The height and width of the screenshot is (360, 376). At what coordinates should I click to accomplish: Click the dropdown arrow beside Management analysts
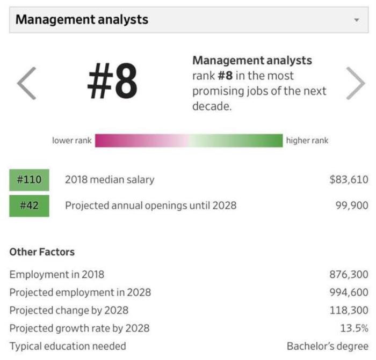point(356,20)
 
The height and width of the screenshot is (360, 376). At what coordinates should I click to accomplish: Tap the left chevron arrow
point(26,83)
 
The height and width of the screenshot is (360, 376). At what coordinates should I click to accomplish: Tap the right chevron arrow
point(355,83)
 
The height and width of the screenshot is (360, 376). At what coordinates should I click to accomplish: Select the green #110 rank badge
point(29,180)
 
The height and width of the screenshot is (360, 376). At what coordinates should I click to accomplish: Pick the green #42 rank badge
point(29,205)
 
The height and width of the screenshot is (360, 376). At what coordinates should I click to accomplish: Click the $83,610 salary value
point(349,180)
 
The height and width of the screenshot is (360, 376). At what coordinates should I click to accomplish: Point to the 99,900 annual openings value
point(352,205)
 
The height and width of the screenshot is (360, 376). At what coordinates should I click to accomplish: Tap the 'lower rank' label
point(72,141)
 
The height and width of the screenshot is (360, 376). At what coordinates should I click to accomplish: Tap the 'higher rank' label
point(307,141)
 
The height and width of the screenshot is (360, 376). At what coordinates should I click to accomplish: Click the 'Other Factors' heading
point(42,252)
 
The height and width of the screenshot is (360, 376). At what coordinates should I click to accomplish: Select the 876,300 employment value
point(349,275)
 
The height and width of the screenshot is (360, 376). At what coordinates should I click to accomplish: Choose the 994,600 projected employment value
point(349,292)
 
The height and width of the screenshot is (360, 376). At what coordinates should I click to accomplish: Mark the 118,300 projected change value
point(349,310)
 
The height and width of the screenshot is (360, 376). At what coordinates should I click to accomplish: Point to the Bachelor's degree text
point(328,346)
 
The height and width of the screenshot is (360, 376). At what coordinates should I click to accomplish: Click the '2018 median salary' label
point(110,180)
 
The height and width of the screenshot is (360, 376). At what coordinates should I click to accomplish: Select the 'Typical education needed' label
point(68,346)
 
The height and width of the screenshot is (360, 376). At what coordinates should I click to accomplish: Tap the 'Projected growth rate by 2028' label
point(79,328)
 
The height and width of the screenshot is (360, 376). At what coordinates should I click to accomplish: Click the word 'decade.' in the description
point(212,106)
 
